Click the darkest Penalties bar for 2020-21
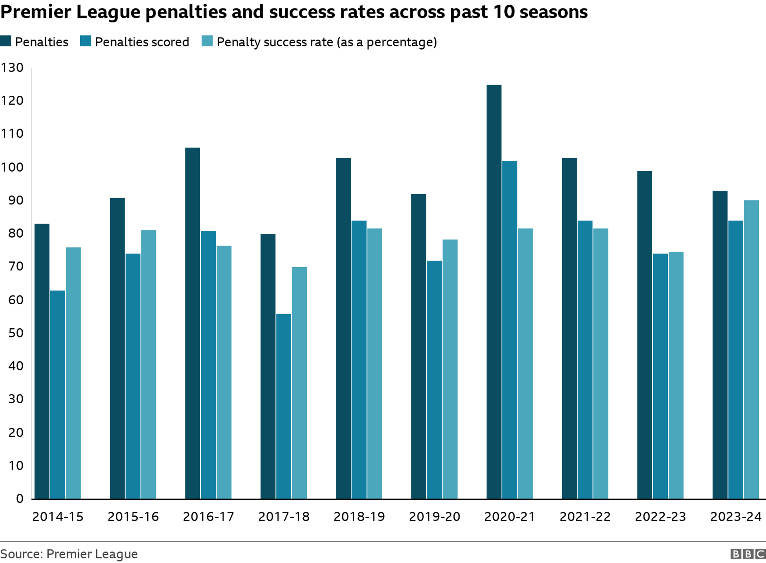click(494, 291)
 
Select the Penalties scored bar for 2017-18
click(284, 406)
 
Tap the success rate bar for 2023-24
click(751, 349)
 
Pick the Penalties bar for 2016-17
click(193, 323)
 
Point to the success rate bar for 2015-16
click(148, 364)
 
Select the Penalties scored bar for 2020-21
click(509, 330)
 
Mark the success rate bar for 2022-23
click(676, 375)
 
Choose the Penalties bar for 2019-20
click(419, 346)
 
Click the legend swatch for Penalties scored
click(85, 41)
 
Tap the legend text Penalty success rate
click(326, 42)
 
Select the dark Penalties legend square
click(6, 41)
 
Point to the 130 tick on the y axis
click(12, 67)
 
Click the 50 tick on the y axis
click(16, 333)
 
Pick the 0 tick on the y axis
click(20, 498)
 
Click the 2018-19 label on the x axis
click(359, 517)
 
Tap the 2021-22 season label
click(585, 517)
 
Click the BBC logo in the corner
click(748, 554)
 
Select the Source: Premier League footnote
click(69, 554)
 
